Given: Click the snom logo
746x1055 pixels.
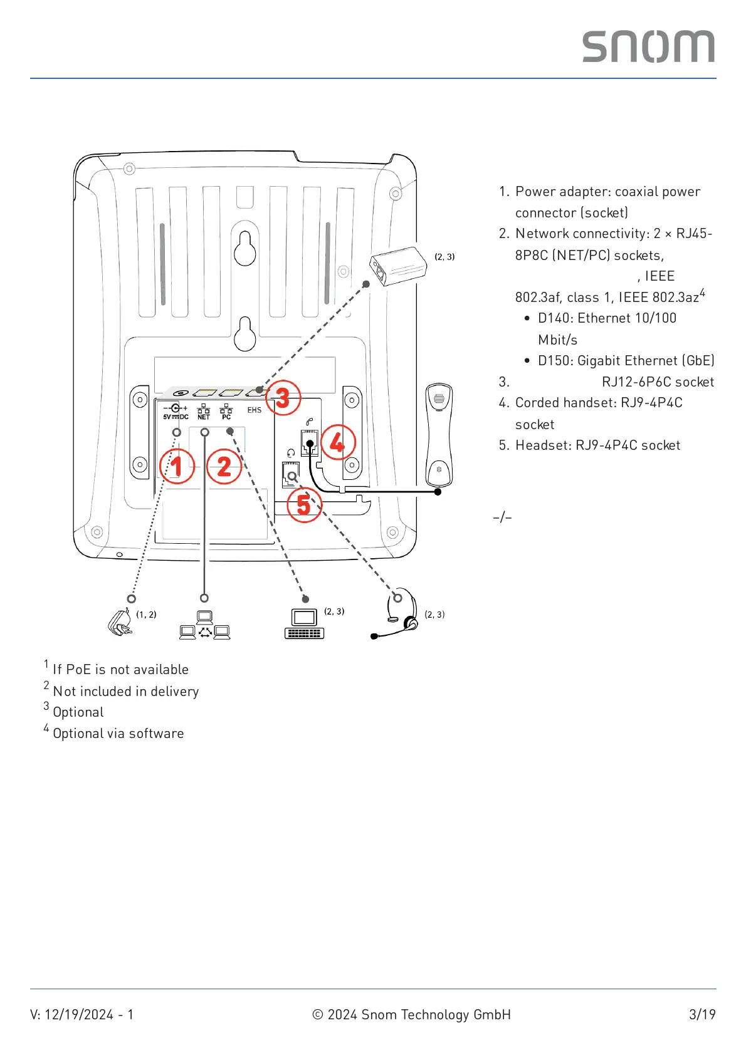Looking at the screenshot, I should click(648, 47).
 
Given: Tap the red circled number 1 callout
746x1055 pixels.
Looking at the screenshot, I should click(177, 466).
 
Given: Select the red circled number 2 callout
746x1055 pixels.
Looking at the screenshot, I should click(224, 466).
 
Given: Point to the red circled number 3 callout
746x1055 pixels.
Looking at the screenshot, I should click(283, 398).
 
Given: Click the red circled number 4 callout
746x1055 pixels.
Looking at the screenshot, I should click(337, 442).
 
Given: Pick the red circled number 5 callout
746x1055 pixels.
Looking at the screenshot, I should click(304, 504).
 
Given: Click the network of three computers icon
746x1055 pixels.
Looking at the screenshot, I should click(204, 625).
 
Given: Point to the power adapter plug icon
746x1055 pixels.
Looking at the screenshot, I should click(120, 623).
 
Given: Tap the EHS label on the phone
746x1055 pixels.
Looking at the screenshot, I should click(254, 410).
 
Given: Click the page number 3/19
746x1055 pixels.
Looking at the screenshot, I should click(701, 1014).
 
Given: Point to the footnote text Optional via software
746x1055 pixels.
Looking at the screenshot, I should click(118, 734).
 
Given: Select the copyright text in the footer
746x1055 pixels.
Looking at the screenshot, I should click(411, 1014).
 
